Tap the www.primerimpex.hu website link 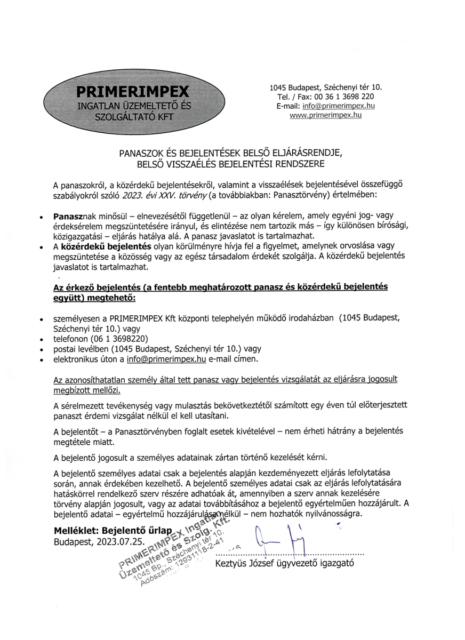(x=325, y=115)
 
